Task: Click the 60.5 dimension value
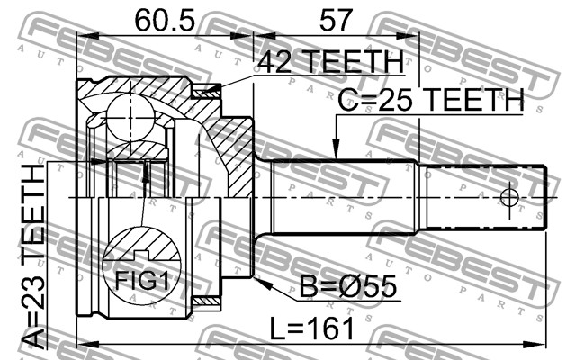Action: [x=165, y=20]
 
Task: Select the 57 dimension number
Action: [x=336, y=20]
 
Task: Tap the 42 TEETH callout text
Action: [x=331, y=61]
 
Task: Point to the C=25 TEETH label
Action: [x=431, y=100]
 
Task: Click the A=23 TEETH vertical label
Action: [x=33, y=256]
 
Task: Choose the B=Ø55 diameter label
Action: [x=348, y=286]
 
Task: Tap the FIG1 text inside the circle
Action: [x=142, y=281]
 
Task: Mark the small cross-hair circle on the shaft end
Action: [x=509, y=198]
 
